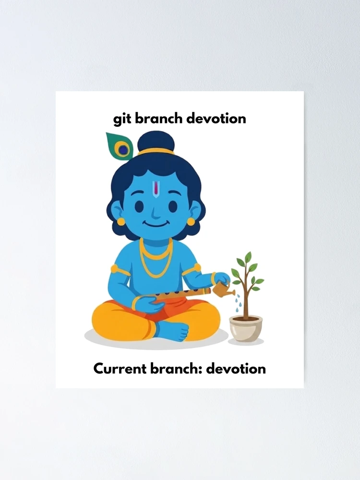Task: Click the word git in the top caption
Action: (122, 119)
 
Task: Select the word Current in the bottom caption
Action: (120, 368)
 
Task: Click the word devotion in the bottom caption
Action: (236, 368)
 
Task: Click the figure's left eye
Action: (173, 206)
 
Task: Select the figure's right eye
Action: (139, 206)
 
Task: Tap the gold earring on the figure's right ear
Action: (121, 221)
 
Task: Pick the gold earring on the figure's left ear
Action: (191, 221)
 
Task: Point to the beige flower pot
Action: (246, 328)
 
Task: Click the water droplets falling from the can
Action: (238, 303)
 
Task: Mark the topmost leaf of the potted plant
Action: (248, 256)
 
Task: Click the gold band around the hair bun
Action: (156, 151)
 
